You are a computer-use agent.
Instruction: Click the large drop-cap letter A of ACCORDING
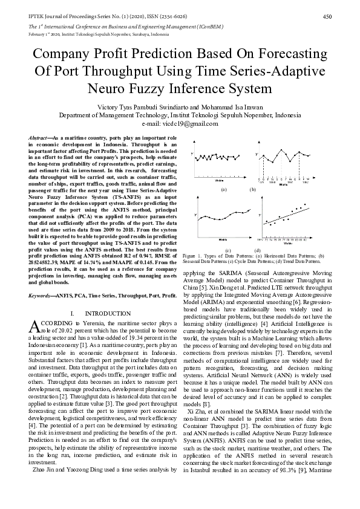tap(34, 327)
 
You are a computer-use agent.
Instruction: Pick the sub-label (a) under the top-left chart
tap(223, 190)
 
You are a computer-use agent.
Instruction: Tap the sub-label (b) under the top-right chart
tap(253, 190)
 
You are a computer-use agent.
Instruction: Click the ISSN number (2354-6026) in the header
tap(141, 16)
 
